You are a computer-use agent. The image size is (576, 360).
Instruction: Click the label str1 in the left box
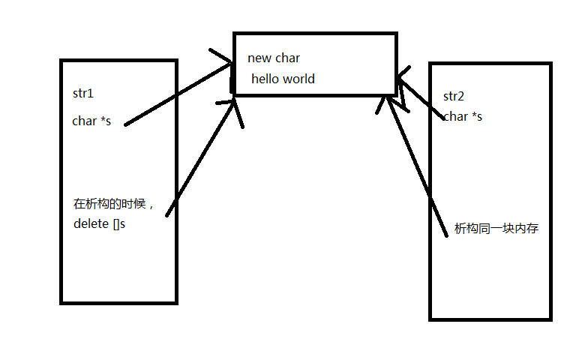tap(82, 94)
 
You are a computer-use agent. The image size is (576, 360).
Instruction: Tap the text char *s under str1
tap(91, 121)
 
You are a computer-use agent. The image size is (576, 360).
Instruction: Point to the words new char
tap(274, 58)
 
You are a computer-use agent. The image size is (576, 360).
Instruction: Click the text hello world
tap(283, 79)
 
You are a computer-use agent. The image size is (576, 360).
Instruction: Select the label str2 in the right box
tap(454, 96)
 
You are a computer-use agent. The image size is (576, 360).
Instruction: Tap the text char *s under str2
tap(463, 116)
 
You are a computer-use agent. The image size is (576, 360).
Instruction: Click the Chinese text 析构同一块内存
tap(496, 229)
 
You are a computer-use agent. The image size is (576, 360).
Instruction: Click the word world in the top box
tap(298, 79)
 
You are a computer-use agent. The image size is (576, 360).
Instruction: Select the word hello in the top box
tap(265, 79)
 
